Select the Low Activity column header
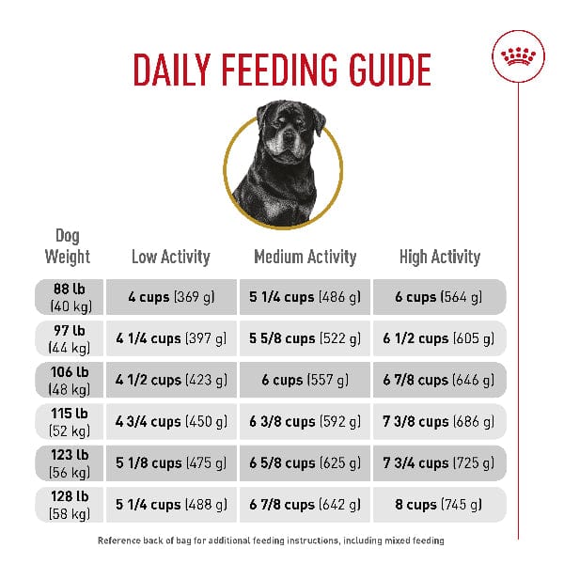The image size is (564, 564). pyautogui.click(x=170, y=257)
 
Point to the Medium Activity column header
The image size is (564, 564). pyautogui.click(x=305, y=257)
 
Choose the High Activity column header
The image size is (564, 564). pyautogui.click(x=440, y=257)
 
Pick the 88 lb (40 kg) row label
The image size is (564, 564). pyautogui.click(x=68, y=297)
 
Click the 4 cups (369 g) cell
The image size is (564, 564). pyautogui.click(x=171, y=297)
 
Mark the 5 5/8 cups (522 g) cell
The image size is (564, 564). pyautogui.click(x=305, y=338)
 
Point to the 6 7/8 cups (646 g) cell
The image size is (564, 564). pyautogui.click(x=440, y=381)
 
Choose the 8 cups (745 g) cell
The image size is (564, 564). pyautogui.click(x=440, y=505)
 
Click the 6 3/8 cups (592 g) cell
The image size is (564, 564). pyautogui.click(x=305, y=422)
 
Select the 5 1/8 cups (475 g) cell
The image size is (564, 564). pyautogui.click(x=171, y=463)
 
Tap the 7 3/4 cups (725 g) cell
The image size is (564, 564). pyautogui.click(x=440, y=463)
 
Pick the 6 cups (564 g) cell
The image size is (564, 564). pyautogui.click(x=440, y=297)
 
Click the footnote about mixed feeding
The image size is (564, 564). pyautogui.click(x=271, y=541)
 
